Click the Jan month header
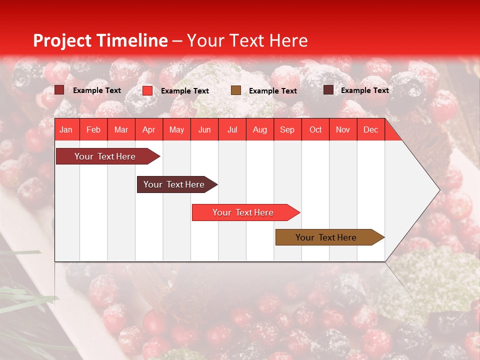pos(66,129)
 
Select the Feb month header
pos(93,129)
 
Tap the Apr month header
pos(148,129)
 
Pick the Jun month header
pos(204,129)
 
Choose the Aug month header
pos(259,129)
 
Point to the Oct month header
pos(315,129)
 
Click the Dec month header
pos(370,129)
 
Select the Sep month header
pos(287,129)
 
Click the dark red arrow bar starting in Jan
pos(105,156)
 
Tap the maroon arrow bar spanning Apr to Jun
pos(174,184)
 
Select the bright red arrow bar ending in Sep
pos(243,212)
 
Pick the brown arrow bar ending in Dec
pos(326,237)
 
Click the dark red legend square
pos(59,90)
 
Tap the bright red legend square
pos(147,90)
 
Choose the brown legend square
pos(236,90)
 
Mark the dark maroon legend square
pos(328,90)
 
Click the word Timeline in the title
pos(132,40)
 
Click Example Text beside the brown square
pos(273,91)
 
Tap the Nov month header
pos(343,129)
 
